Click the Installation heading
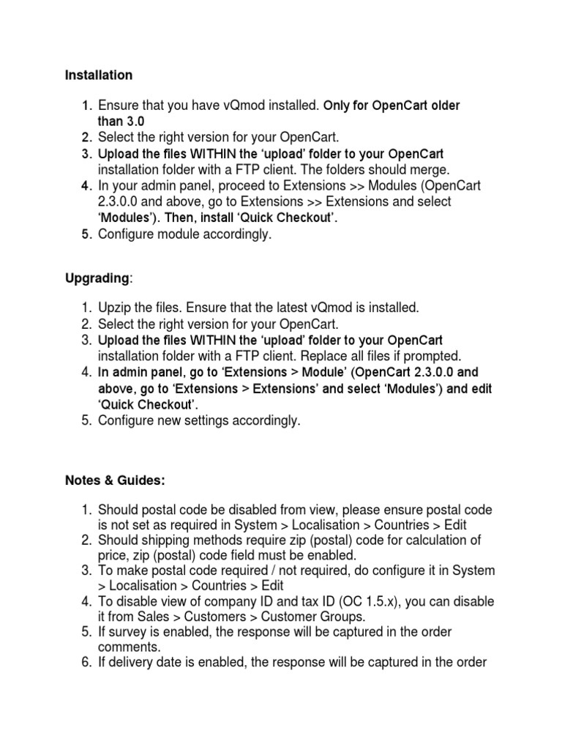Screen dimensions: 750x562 point(99,75)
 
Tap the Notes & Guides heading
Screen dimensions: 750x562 point(115,480)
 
